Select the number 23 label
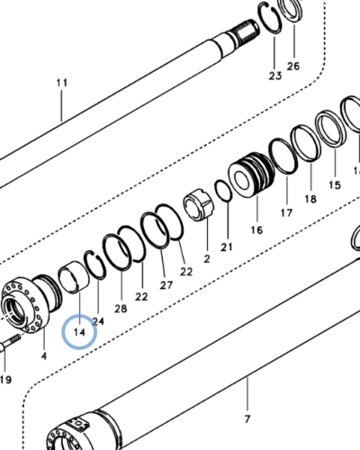(x=274, y=76)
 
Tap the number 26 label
(x=293, y=66)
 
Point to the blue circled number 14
(x=78, y=332)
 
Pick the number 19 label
(x=5, y=380)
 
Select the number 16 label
(x=256, y=230)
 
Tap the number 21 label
(x=227, y=246)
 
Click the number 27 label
(x=166, y=284)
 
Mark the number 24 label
(x=98, y=320)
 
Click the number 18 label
(x=310, y=199)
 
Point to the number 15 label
(x=334, y=185)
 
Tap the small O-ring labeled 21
(x=222, y=192)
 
